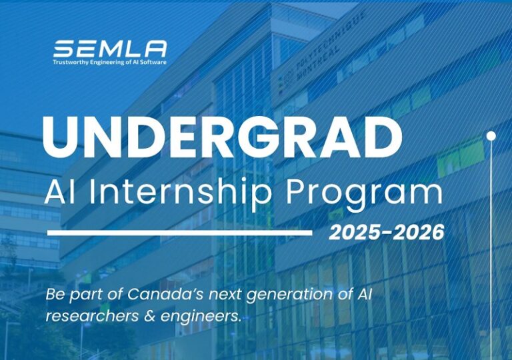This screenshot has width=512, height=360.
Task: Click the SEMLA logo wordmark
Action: pos(110,49)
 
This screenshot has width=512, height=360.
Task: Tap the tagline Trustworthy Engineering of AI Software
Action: pos(110,63)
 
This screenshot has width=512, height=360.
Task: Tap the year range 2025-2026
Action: pos(386,233)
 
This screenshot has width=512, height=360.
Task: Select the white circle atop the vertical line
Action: pos(491,135)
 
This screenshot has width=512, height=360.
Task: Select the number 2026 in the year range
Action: pos(417,233)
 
